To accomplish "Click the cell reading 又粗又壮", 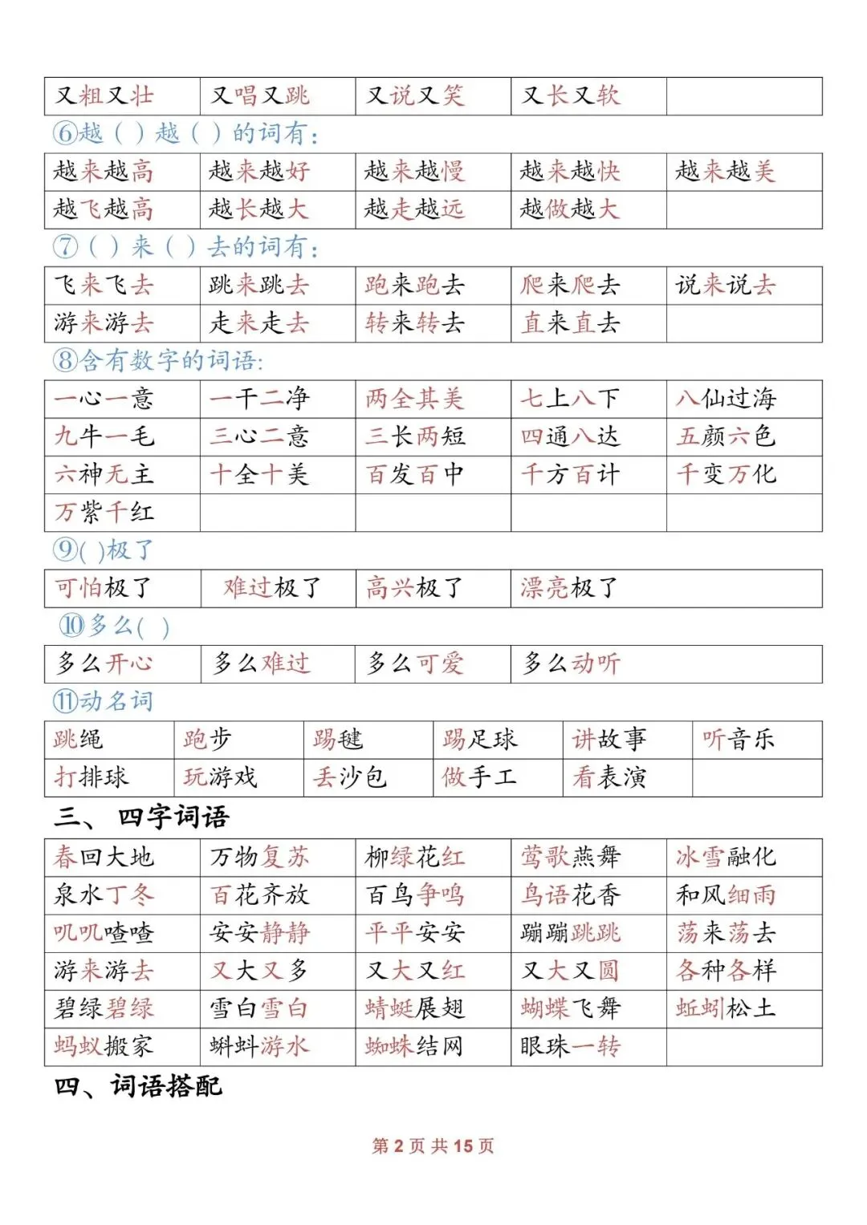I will click(x=104, y=96).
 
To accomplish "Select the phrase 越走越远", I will click(x=414, y=209).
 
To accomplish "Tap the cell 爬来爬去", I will click(x=570, y=285).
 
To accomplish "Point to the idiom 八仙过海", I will click(x=726, y=399).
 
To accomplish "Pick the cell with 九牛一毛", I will click(x=104, y=436).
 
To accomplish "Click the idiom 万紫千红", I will click(x=104, y=512).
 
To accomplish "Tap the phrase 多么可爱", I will click(x=416, y=663).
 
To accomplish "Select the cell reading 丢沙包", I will click(x=350, y=777).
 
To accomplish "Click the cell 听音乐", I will click(x=739, y=739).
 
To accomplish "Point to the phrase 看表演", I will click(x=609, y=777).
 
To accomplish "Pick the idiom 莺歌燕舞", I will click(x=570, y=857).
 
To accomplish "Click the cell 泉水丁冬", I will click(x=104, y=894).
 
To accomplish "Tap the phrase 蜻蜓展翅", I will click(x=414, y=1008).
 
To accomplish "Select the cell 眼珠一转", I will click(x=570, y=1046).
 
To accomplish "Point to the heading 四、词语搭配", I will click(x=138, y=1087).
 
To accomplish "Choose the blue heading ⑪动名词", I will click(x=103, y=702).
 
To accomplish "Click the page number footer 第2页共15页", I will click(x=433, y=1146).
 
